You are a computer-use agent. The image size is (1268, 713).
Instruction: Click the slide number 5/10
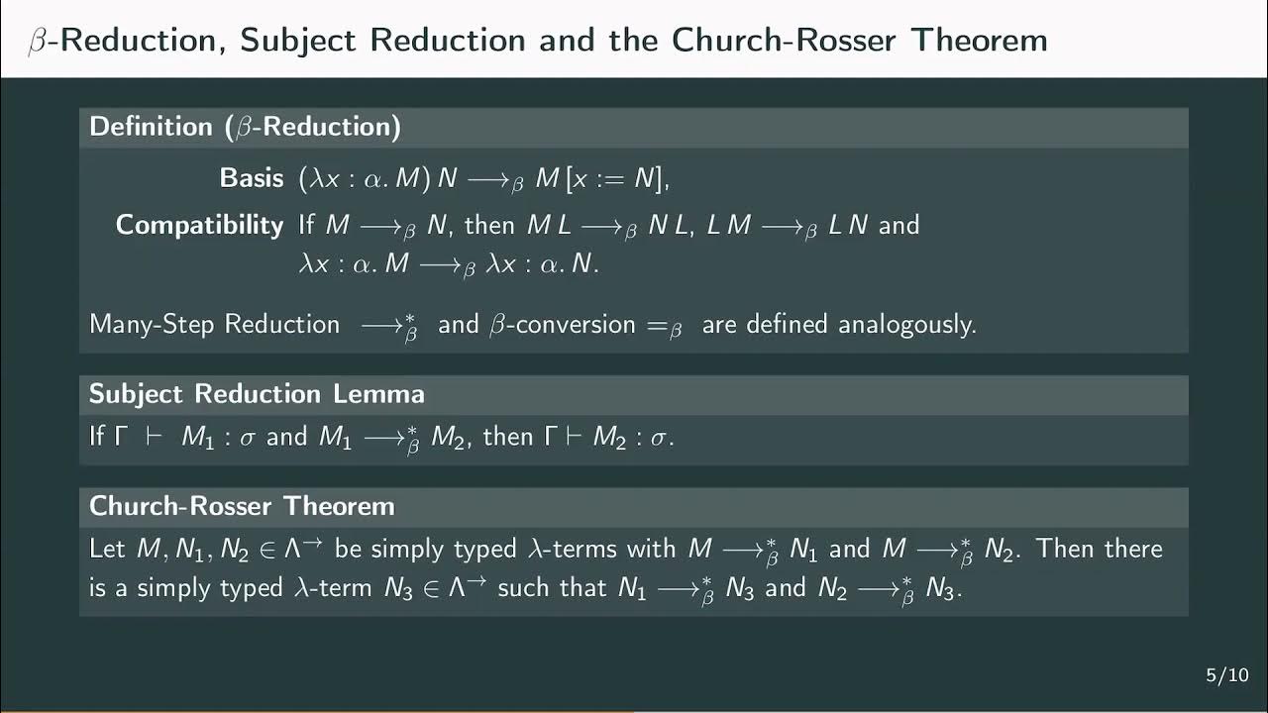click(x=1226, y=675)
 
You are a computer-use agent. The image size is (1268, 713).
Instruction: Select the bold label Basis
click(x=252, y=178)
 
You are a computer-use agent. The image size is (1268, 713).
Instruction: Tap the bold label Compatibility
click(x=199, y=225)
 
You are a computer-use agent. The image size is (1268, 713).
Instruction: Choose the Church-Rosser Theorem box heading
click(x=242, y=506)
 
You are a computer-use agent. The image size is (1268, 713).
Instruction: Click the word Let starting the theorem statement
click(x=107, y=549)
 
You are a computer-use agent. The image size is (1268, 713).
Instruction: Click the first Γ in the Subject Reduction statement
click(x=122, y=437)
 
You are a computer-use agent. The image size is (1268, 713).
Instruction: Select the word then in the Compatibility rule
click(x=489, y=225)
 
